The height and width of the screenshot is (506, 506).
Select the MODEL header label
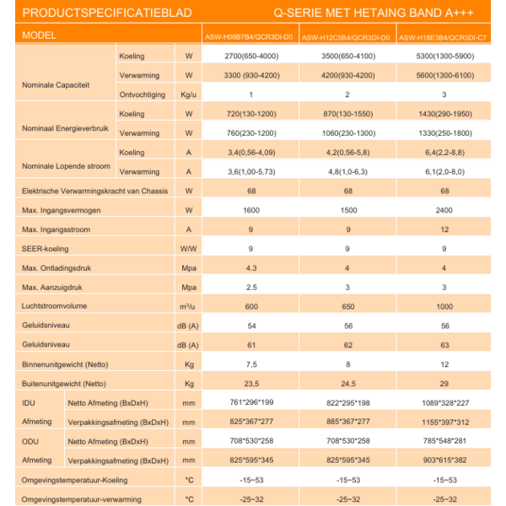click(40, 36)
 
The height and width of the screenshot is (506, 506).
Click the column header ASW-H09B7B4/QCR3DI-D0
click(250, 37)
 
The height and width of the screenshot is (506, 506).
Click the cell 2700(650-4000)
click(250, 56)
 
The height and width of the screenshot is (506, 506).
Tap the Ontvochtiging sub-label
click(142, 94)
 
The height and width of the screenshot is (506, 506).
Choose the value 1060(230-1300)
click(347, 132)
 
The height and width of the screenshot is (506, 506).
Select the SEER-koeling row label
click(46, 248)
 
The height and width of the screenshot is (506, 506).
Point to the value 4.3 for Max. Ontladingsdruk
click(250, 267)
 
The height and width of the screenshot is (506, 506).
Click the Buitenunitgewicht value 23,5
click(250, 383)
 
